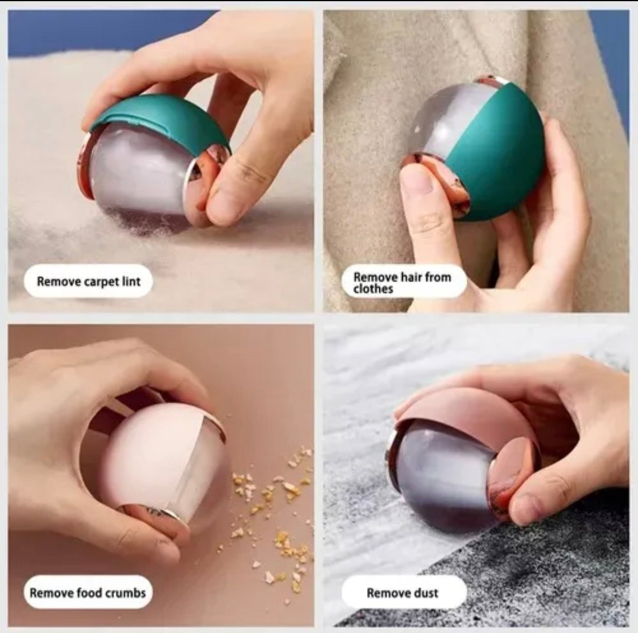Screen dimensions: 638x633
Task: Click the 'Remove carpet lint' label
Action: (x=88, y=281)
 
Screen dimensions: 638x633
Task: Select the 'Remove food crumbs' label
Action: (x=87, y=592)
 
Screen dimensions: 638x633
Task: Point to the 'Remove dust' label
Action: (x=403, y=592)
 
